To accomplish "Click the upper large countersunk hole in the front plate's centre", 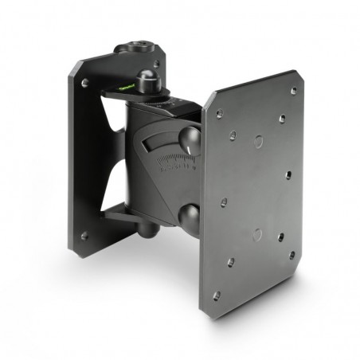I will pyautogui.click(x=257, y=141).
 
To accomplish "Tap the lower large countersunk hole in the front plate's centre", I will pyautogui.click(x=257, y=235).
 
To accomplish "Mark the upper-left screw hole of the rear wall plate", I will pyautogui.click(x=84, y=81).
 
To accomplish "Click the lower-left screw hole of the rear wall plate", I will pyautogui.click(x=84, y=236).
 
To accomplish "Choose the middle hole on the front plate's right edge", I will pyautogui.click(x=288, y=174).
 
